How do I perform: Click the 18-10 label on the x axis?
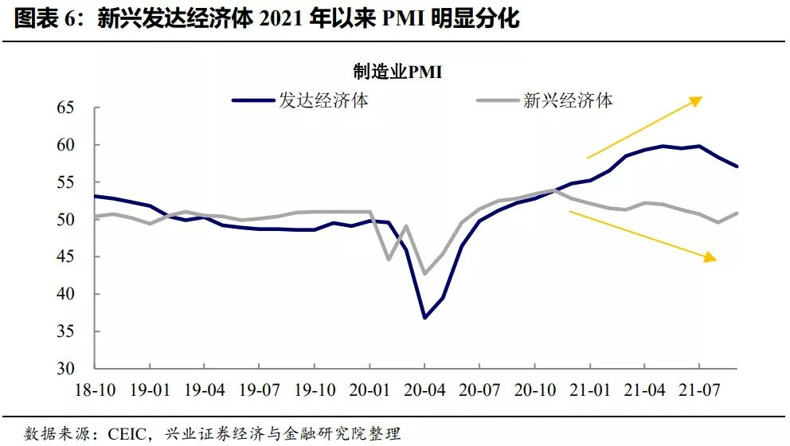(x=96, y=391)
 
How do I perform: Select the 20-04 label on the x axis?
(x=424, y=391)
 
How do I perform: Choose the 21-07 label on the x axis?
(x=698, y=391)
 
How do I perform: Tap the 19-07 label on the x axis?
(x=260, y=391)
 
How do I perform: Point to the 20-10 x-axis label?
(x=534, y=391)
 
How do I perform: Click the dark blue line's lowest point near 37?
(x=424, y=318)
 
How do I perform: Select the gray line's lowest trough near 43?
(x=424, y=273)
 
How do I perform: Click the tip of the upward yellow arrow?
(x=702, y=98)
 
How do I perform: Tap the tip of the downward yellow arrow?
(x=716, y=260)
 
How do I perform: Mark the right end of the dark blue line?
(x=737, y=166)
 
